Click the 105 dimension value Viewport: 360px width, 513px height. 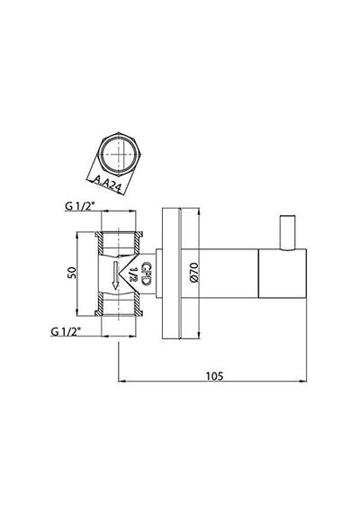pos(215,376)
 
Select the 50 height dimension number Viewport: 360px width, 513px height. pos(72,274)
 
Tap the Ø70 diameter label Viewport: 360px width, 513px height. pos(193,272)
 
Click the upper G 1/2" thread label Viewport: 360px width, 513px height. pos(79,206)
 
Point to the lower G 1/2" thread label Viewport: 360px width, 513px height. pos(66,331)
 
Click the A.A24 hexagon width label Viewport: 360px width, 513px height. pos(108,184)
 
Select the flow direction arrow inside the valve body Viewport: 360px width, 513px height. pos(115,275)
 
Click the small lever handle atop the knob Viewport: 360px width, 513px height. pos(288,233)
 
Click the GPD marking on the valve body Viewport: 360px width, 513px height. pos(146,274)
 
